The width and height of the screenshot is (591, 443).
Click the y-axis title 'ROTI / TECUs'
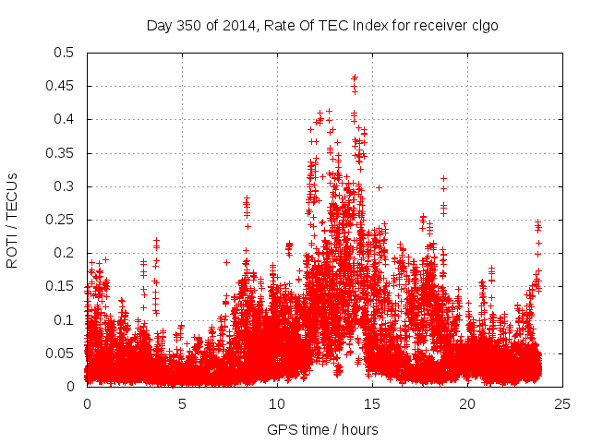point(12,220)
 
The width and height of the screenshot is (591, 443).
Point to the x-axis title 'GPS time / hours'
point(322,430)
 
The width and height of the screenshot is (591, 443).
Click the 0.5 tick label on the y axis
point(64,53)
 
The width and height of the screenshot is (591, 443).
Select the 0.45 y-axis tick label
point(60,86)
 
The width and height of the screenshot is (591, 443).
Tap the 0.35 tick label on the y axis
point(60,153)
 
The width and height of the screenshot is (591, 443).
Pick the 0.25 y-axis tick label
point(60,220)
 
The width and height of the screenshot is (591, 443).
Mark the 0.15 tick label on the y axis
point(60,286)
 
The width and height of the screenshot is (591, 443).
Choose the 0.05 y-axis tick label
point(60,353)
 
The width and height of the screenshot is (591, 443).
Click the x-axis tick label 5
point(182,403)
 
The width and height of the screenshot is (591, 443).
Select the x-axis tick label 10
point(277,403)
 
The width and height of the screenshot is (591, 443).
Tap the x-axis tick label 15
point(372,403)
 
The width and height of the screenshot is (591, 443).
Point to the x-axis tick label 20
point(467,403)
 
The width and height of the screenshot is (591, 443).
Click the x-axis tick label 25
point(562,403)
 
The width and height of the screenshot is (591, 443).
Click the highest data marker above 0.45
point(355,78)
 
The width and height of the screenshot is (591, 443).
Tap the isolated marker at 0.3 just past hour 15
point(379,186)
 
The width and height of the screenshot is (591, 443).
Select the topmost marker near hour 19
point(444,178)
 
